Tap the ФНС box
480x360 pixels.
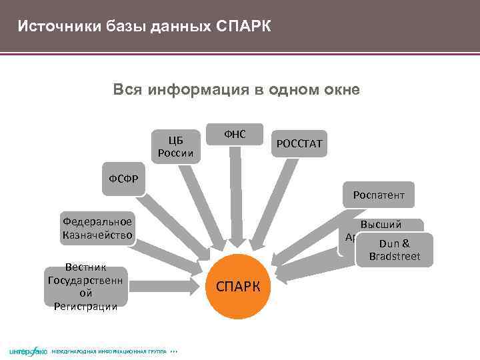(x=235, y=135)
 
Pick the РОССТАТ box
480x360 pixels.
(x=299, y=143)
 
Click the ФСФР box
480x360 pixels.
(x=123, y=179)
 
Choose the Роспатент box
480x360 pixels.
(x=378, y=195)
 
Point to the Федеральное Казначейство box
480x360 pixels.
(x=97, y=228)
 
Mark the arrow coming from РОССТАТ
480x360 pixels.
(x=273, y=200)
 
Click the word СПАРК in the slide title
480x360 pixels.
(x=243, y=27)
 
